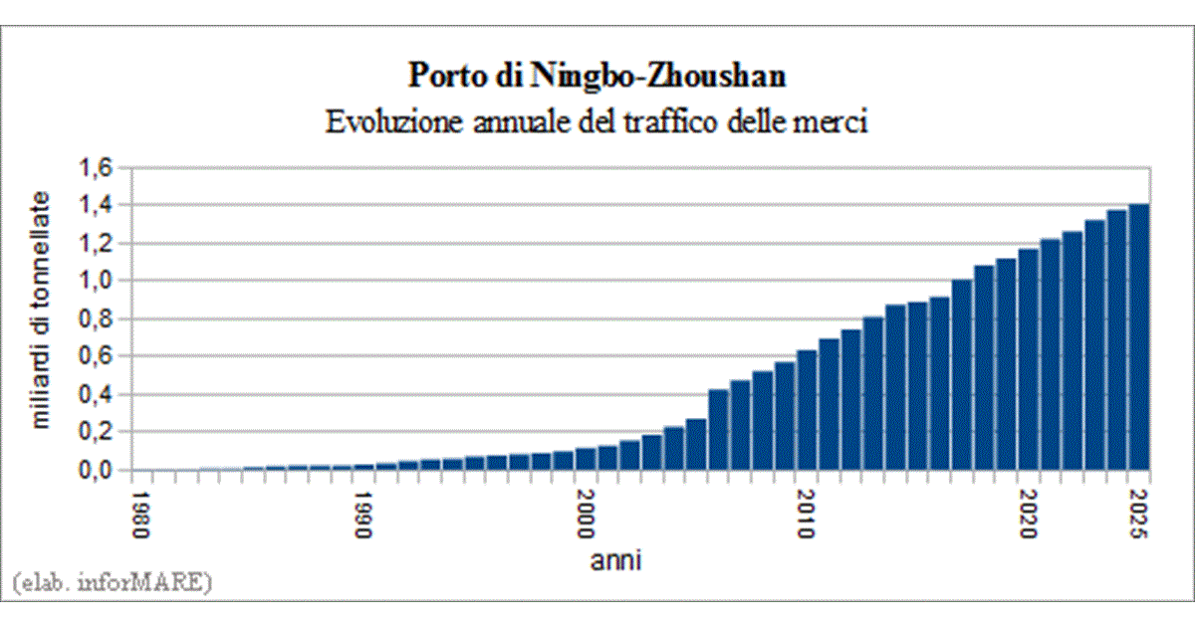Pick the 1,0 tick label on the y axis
(97, 281)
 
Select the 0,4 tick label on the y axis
(97, 394)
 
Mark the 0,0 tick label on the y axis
(97, 470)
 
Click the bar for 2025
(1138, 338)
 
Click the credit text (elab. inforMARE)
(112, 582)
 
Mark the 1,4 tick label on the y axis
(97, 205)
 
